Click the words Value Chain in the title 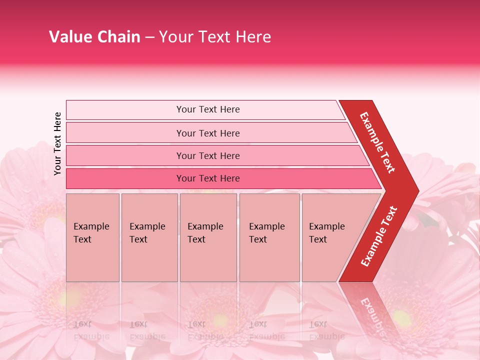click(94, 37)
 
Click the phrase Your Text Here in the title click(214, 37)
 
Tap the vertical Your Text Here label click(58, 143)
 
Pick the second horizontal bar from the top click(208, 133)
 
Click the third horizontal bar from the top click(208, 156)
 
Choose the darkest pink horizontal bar click(208, 178)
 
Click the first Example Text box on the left click(92, 237)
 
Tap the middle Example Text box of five click(208, 237)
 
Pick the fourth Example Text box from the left click(269, 237)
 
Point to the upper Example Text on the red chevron click(378, 142)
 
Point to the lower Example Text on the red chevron click(379, 236)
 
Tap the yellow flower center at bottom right click(401, 317)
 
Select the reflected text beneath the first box click(91, 330)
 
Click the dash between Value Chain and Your click(149, 37)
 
